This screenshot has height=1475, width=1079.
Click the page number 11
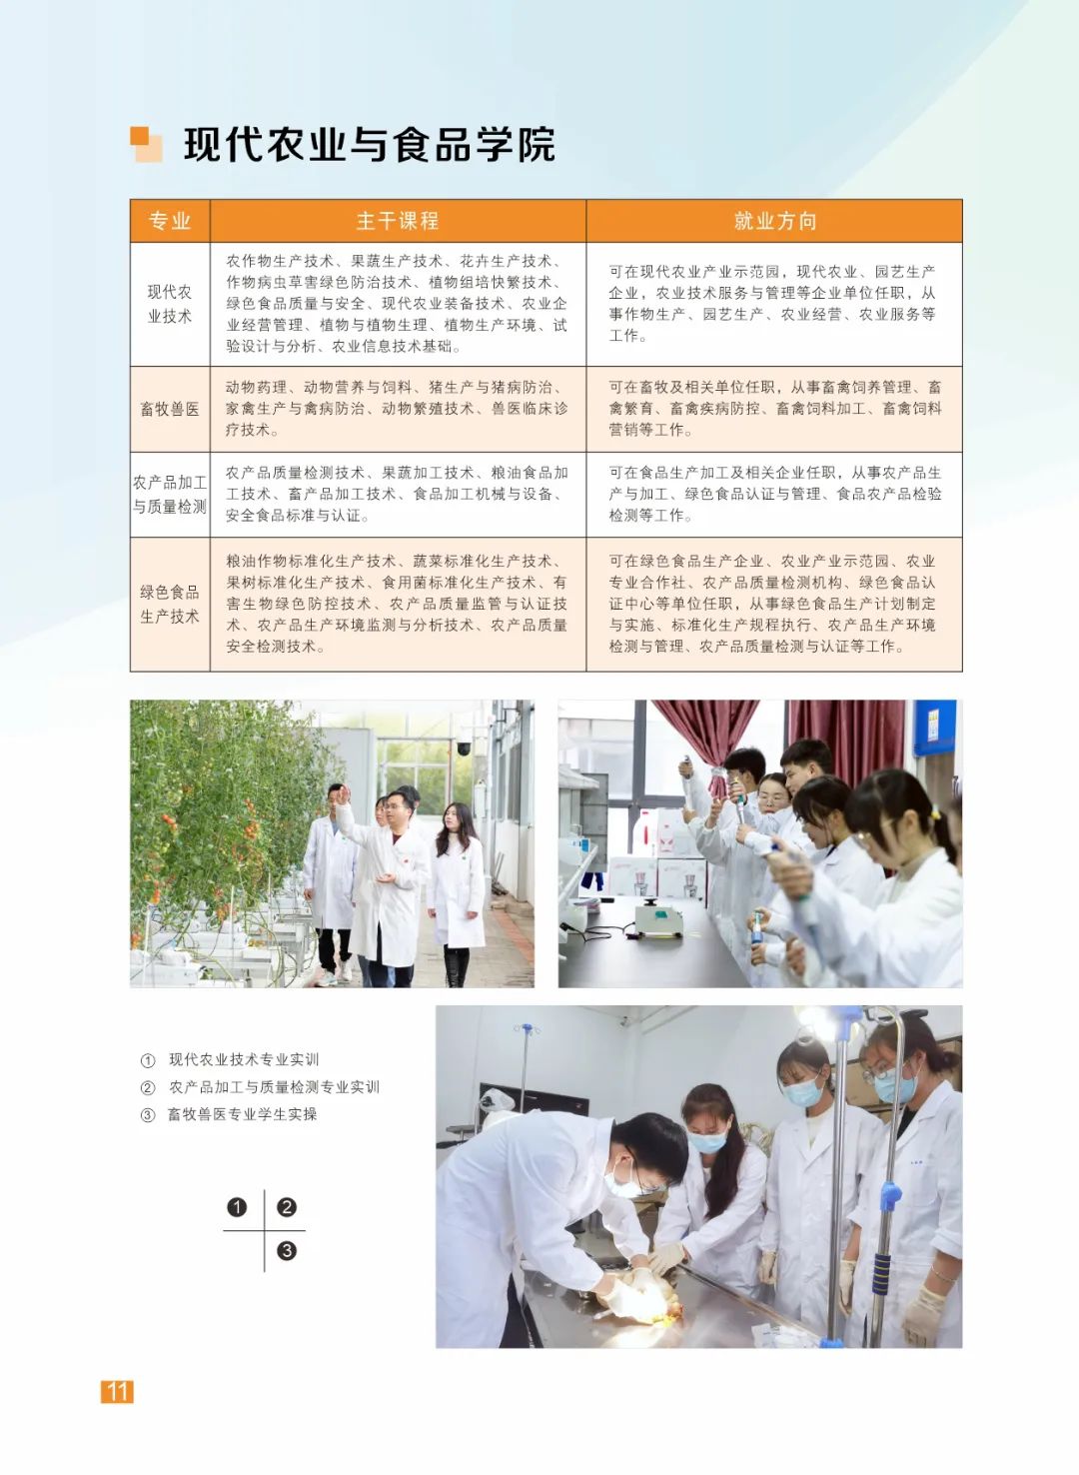pos(117,1391)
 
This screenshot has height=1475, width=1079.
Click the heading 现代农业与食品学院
pos(370,144)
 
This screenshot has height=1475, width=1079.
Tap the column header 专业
pos(170,221)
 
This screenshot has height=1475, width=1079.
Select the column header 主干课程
pos(398,221)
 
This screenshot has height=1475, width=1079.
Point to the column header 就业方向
pos(775,221)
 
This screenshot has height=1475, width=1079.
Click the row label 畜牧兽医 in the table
pos(170,409)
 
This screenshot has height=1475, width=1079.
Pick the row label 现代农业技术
pos(170,304)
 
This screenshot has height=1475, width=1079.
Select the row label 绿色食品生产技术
pos(170,604)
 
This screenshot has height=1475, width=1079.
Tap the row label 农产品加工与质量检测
pos(170,494)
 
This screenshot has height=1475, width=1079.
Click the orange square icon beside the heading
pos(146,144)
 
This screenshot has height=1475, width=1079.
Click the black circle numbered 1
pos(237,1207)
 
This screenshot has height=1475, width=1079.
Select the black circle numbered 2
pos(287,1207)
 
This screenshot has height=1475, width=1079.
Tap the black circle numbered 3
pos(287,1250)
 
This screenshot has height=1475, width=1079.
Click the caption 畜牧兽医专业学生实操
pos(242,1114)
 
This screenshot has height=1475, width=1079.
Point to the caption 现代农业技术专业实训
pos(244,1059)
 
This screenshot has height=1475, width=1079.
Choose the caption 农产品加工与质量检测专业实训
pos(274,1087)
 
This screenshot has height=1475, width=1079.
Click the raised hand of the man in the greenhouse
pos(343,793)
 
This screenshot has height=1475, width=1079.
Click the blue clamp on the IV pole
pos(890,1190)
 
